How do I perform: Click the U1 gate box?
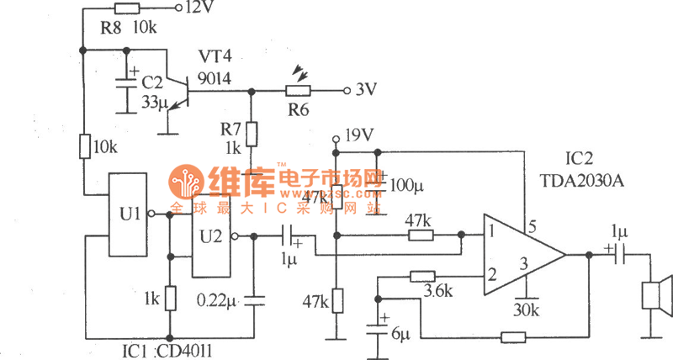click(x=127, y=214)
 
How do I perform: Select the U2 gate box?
click(x=209, y=236)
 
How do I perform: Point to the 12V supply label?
click(x=199, y=8)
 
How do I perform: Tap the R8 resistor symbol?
click(x=127, y=8)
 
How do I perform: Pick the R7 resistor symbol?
click(x=251, y=133)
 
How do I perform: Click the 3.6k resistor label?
click(x=435, y=292)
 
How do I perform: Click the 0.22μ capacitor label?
click(x=216, y=299)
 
